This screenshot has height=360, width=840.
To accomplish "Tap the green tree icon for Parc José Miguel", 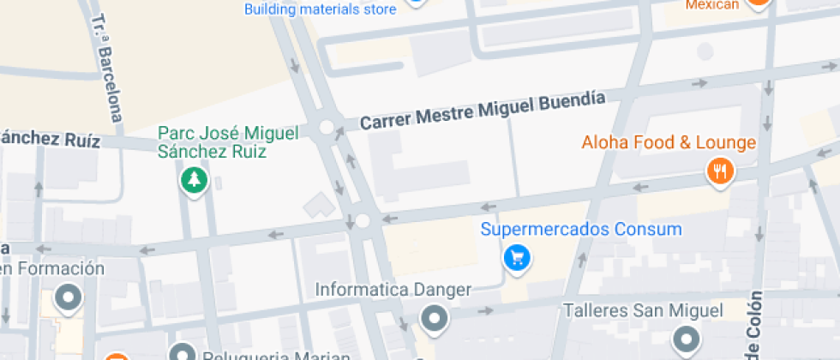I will pos(195,179).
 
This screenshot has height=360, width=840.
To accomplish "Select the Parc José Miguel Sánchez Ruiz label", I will pos(228,142).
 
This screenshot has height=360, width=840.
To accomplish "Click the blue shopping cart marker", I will pos(516,256).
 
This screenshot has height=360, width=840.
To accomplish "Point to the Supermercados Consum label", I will pos(581,230).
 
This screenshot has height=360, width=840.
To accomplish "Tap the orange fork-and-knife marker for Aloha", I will pos(721,171).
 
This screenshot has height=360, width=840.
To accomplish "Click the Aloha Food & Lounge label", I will pos(669,143).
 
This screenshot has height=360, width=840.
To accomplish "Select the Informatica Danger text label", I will pos(393,290).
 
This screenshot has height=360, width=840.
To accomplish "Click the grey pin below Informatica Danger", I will pos(435,320).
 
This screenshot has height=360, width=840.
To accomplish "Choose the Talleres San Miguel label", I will pos(643,309).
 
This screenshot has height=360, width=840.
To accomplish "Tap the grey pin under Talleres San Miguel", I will pos(686,339).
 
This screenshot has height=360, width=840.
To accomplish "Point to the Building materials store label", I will pos(320,9).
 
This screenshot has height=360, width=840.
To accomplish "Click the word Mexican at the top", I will pos(711,5).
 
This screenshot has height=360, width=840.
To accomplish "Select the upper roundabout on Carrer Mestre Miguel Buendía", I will pos(326,128).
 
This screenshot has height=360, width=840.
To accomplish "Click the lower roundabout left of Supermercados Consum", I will pos(363,221).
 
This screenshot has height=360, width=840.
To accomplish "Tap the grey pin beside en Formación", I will pos(67,298).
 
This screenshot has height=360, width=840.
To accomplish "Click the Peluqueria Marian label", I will pos(276,355).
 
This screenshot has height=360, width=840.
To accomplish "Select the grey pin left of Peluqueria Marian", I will pos(183,352).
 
